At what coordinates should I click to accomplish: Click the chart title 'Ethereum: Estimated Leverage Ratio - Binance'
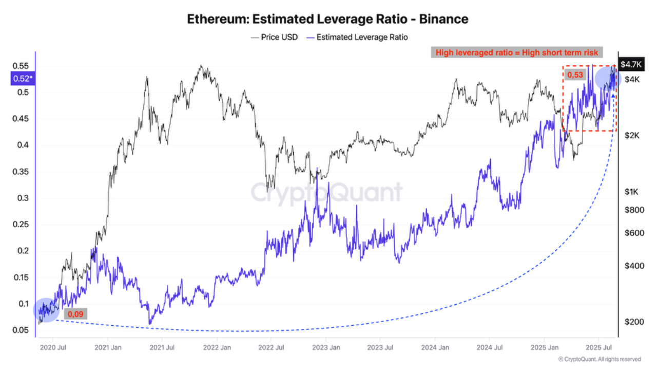pos(327,20)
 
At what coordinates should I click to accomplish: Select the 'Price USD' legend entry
pos(274,37)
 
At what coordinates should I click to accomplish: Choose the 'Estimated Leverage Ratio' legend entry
pos(357,37)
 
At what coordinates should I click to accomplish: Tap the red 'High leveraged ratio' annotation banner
pos(516,52)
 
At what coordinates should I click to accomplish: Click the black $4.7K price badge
pos(630,64)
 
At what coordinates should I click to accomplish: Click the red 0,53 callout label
pos(574,75)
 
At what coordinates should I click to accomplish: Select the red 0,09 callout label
pos(75,313)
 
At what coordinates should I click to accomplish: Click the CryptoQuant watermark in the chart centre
pos(327,192)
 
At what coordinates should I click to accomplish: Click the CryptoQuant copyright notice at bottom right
pos(599,359)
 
